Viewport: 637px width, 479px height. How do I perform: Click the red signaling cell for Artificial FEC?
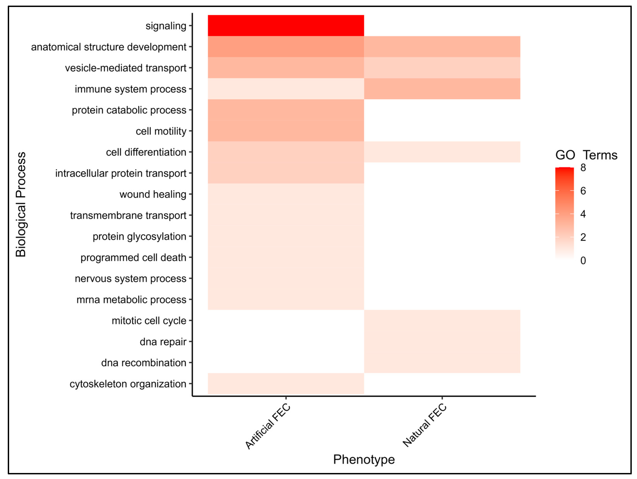pyautogui.click(x=286, y=26)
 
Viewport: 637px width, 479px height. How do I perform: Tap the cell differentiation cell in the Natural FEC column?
pyautogui.click(x=442, y=152)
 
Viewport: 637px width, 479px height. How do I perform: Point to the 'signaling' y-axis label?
pyautogui.click(x=166, y=26)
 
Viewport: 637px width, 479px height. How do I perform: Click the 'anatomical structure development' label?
pyautogui.click(x=109, y=47)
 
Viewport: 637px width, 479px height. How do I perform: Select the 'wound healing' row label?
pyautogui.click(x=153, y=194)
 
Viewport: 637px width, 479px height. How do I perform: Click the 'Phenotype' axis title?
pyautogui.click(x=364, y=459)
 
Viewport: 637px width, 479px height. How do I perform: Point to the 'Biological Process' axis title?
pyautogui.click(x=21, y=204)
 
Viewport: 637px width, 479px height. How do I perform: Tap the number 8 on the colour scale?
pyautogui.click(x=583, y=168)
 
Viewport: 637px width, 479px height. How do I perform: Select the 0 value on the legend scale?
pyautogui.click(x=583, y=260)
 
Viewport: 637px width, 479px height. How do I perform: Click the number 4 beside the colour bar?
pyautogui.click(x=583, y=214)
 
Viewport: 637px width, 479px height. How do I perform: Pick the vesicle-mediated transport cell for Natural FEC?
pyautogui.click(x=442, y=68)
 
